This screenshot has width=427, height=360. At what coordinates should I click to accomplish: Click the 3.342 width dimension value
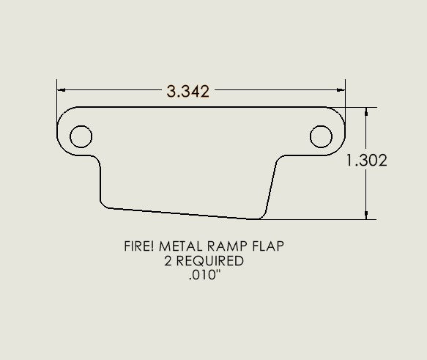pos(188,92)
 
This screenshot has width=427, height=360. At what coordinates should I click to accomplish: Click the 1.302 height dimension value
pos(367,161)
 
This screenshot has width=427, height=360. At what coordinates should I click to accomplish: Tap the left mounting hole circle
pos(81,136)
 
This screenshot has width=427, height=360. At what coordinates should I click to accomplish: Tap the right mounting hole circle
pos(321,136)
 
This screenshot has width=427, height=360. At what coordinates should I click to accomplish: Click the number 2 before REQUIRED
pos(172,260)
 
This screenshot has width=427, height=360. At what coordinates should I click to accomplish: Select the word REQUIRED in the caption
pos(212,260)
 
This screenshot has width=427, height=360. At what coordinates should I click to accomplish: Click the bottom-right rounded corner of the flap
pos(261,216)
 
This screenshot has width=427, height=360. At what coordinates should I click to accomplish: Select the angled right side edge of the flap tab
pos(271,187)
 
